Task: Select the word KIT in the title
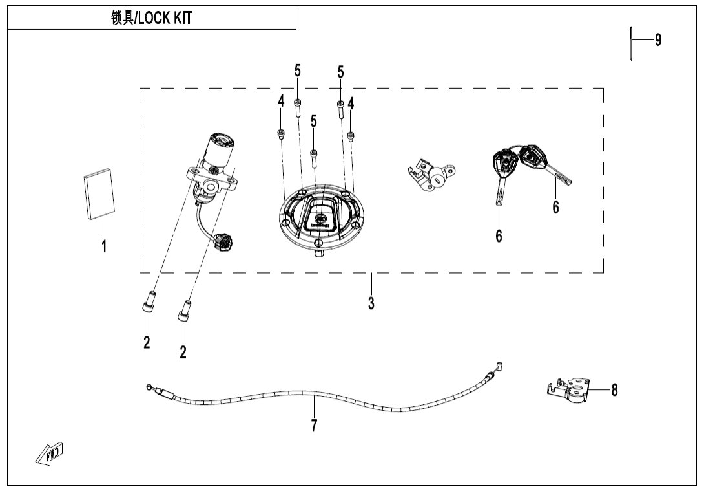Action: (183, 19)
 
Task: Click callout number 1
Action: (104, 246)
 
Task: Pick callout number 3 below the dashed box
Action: (371, 302)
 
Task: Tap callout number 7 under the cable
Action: (314, 426)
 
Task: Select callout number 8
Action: (614, 390)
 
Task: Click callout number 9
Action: (657, 40)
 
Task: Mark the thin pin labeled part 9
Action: (631, 43)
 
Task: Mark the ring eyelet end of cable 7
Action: (150, 387)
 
